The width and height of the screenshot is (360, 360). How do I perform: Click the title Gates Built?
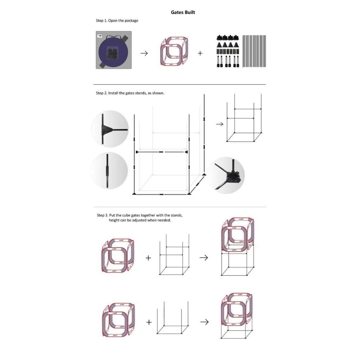(x=183, y=12)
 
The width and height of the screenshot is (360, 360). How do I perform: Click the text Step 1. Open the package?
(x=117, y=21)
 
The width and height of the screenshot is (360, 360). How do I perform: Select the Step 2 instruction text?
(x=130, y=93)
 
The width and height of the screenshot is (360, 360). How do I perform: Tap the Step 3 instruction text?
(x=140, y=218)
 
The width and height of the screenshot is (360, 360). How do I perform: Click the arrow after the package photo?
(x=144, y=53)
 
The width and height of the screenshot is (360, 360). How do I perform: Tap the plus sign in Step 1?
(x=200, y=53)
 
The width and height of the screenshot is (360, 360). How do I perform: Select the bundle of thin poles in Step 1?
(x=254, y=51)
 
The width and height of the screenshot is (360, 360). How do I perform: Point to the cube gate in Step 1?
(x=174, y=51)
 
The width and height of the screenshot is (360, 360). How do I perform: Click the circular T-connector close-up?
(x=110, y=129)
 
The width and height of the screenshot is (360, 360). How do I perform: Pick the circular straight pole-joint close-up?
(x=109, y=171)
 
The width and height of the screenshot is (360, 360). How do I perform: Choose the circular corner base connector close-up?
(x=226, y=175)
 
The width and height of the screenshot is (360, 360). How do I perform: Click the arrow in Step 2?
(x=220, y=124)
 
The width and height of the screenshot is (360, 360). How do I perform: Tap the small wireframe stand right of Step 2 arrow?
(x=244, y=118)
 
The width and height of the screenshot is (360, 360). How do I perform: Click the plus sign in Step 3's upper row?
(x=148, y=258)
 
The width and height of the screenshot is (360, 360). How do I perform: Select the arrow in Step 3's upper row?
(x=204, y=258)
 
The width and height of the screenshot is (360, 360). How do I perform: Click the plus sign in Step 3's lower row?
(x=149, y=322)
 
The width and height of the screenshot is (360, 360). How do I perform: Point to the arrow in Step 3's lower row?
(x=204, y=322)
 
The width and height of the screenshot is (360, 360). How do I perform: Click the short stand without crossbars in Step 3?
(x=173, y=318)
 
